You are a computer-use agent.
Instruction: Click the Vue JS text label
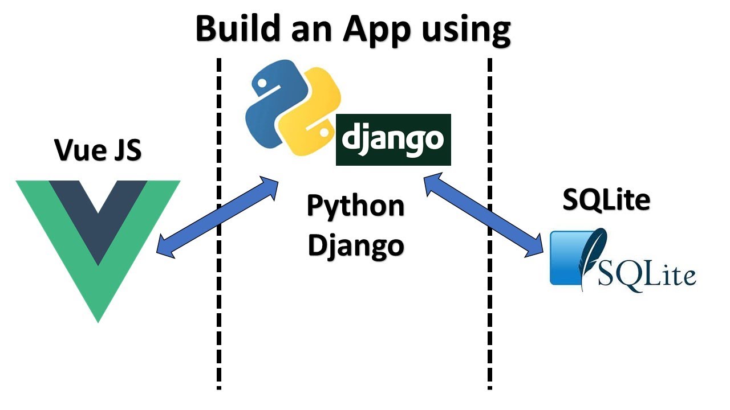pos(98,150)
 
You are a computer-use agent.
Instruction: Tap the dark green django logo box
pos(394,140)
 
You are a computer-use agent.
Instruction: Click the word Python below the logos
pos(356,206)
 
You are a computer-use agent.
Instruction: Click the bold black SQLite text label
pos(606,200)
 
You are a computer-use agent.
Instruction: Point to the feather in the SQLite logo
pos(593,253)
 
